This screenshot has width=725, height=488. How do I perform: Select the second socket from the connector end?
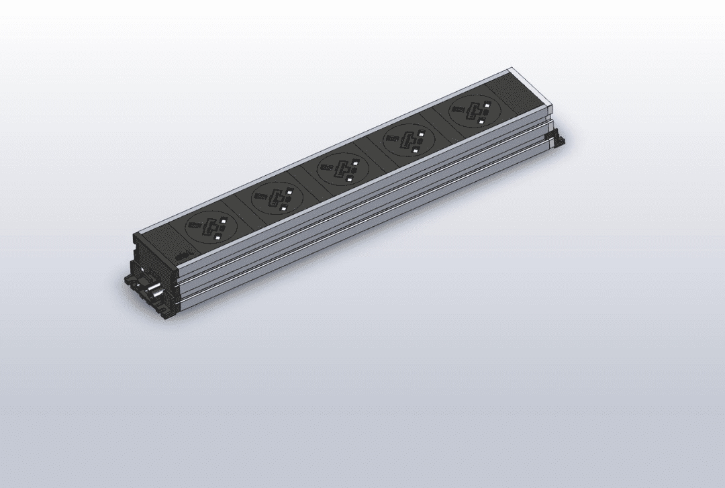(277, 197)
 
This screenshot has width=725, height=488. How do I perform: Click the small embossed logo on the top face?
(183, 255)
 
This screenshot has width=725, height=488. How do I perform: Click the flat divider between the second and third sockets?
(309, 185)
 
